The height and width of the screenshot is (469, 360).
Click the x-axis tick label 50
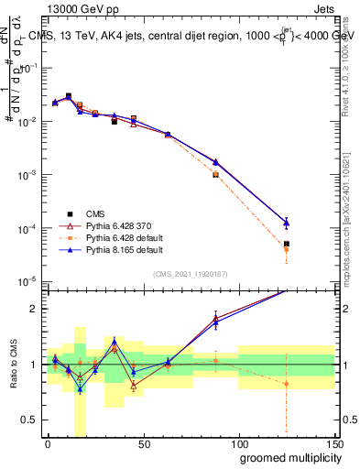143,444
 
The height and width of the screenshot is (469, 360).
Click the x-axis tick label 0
48,444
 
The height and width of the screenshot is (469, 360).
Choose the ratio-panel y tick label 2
35,309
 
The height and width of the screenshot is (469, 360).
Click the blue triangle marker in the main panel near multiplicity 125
287,222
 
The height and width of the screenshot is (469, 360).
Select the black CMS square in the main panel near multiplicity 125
287,244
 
